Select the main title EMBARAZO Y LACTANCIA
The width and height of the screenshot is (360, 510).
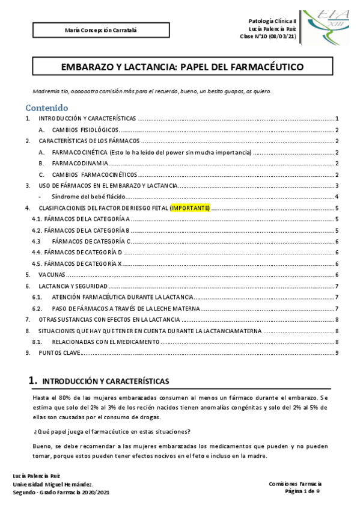point(183,67)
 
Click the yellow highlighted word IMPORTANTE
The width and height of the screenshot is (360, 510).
point(190,208)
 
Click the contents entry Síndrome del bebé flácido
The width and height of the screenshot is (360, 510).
point(90,197)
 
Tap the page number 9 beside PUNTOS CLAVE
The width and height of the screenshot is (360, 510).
point(337,352)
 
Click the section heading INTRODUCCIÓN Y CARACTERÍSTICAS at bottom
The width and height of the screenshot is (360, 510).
point(105,381)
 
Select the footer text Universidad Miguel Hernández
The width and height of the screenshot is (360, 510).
point(53,484)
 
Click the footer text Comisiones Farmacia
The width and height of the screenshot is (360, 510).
point(295,484)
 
